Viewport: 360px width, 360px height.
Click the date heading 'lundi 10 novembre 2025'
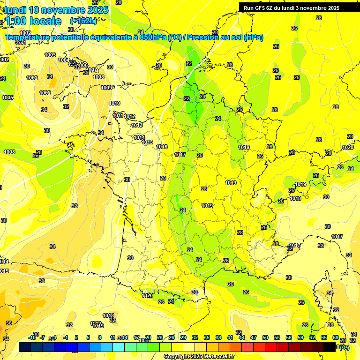(56, 10)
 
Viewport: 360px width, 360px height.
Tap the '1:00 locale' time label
(33, 21)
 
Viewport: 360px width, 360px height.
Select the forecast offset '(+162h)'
(83, 21)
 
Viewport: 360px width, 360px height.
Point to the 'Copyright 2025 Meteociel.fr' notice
(199, 356)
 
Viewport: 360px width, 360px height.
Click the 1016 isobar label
(162, 147)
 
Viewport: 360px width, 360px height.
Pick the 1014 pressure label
(139, 137)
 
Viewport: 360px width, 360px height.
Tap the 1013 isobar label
(137, 125)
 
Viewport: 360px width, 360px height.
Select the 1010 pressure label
(114, 103)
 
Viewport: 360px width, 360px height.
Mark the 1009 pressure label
(107, 88)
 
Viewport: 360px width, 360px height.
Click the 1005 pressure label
(7, 97)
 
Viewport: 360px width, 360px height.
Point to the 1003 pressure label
(50, 55)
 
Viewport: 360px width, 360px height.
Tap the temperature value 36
(8, 323)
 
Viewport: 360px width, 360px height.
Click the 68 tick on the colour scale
(335, 337)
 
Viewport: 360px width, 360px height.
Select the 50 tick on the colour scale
(265, 337)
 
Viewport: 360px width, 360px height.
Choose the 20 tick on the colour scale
(148, 337)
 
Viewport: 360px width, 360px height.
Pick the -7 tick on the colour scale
(42, 337)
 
